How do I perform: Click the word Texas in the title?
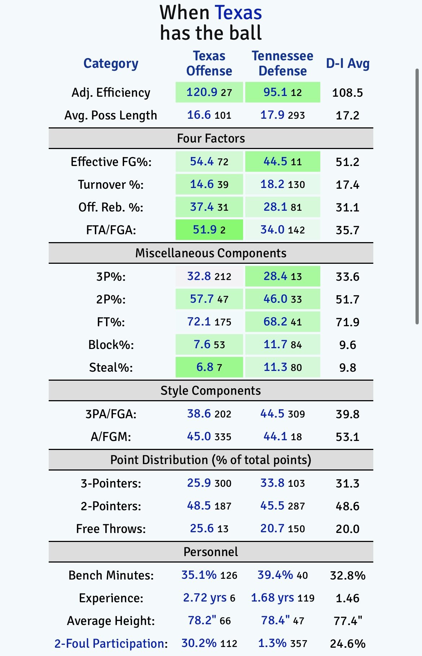[x=238, y=13]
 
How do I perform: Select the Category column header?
[x=111, y=64]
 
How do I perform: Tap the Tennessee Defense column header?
[x=282, y=64]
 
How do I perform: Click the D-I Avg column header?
[x=347, y=64]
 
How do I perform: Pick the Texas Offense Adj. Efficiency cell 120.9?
[x=202, y=92]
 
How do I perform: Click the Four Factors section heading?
[x=211, y=138]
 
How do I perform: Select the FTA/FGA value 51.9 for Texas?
[x=205, y=229]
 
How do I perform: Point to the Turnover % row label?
[x=111, y=185]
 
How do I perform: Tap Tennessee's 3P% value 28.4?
[x=275, y=276]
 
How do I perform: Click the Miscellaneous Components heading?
[x=211, y=253]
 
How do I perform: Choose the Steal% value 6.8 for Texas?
[x=205, y=367]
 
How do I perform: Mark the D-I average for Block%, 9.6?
[x=347, y=345]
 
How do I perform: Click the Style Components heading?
[x=211, y=390]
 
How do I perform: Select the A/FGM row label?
[x=111, y=437]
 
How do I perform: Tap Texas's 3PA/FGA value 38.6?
[x=199, y=414]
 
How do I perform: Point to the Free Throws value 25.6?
[x=202, y=529]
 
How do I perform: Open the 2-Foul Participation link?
[x=111, y=644]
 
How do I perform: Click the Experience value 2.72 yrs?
[x=205, y=598]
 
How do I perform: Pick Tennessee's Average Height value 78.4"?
[x=275, y=621]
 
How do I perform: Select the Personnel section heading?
[x=211, y=552]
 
